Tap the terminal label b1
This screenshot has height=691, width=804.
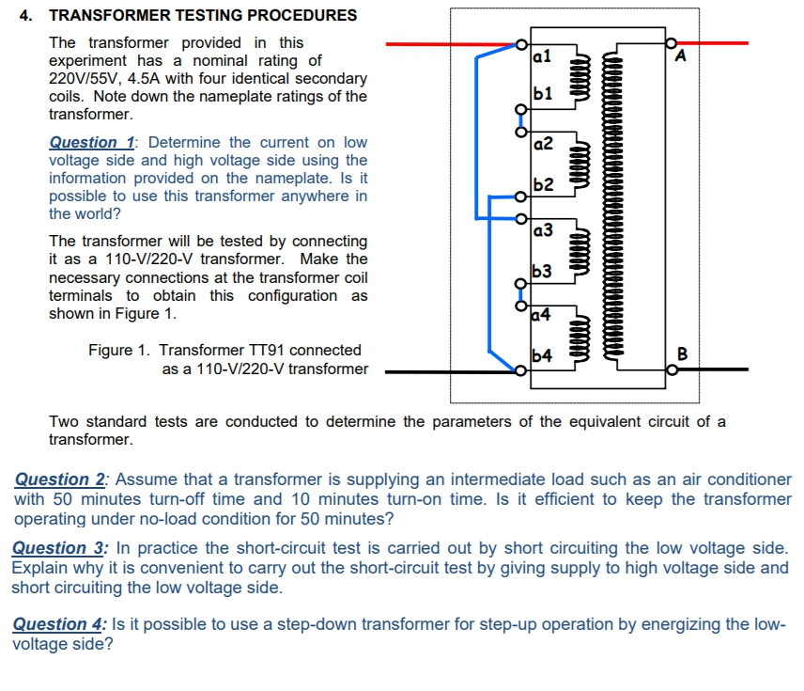pos(541,94)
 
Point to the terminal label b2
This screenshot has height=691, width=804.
pos(542,182)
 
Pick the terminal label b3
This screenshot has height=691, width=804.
pos(542,272)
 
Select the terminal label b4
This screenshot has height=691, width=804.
pos(542,355)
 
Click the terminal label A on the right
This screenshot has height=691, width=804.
pos(681,56)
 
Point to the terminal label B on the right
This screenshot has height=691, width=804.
pos(682,354)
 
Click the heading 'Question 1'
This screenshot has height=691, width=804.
pos(90,143)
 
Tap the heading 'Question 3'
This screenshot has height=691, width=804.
pos(59,548)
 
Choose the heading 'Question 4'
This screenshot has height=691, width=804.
pos(59,624)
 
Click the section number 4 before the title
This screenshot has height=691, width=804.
pos(25,15)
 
